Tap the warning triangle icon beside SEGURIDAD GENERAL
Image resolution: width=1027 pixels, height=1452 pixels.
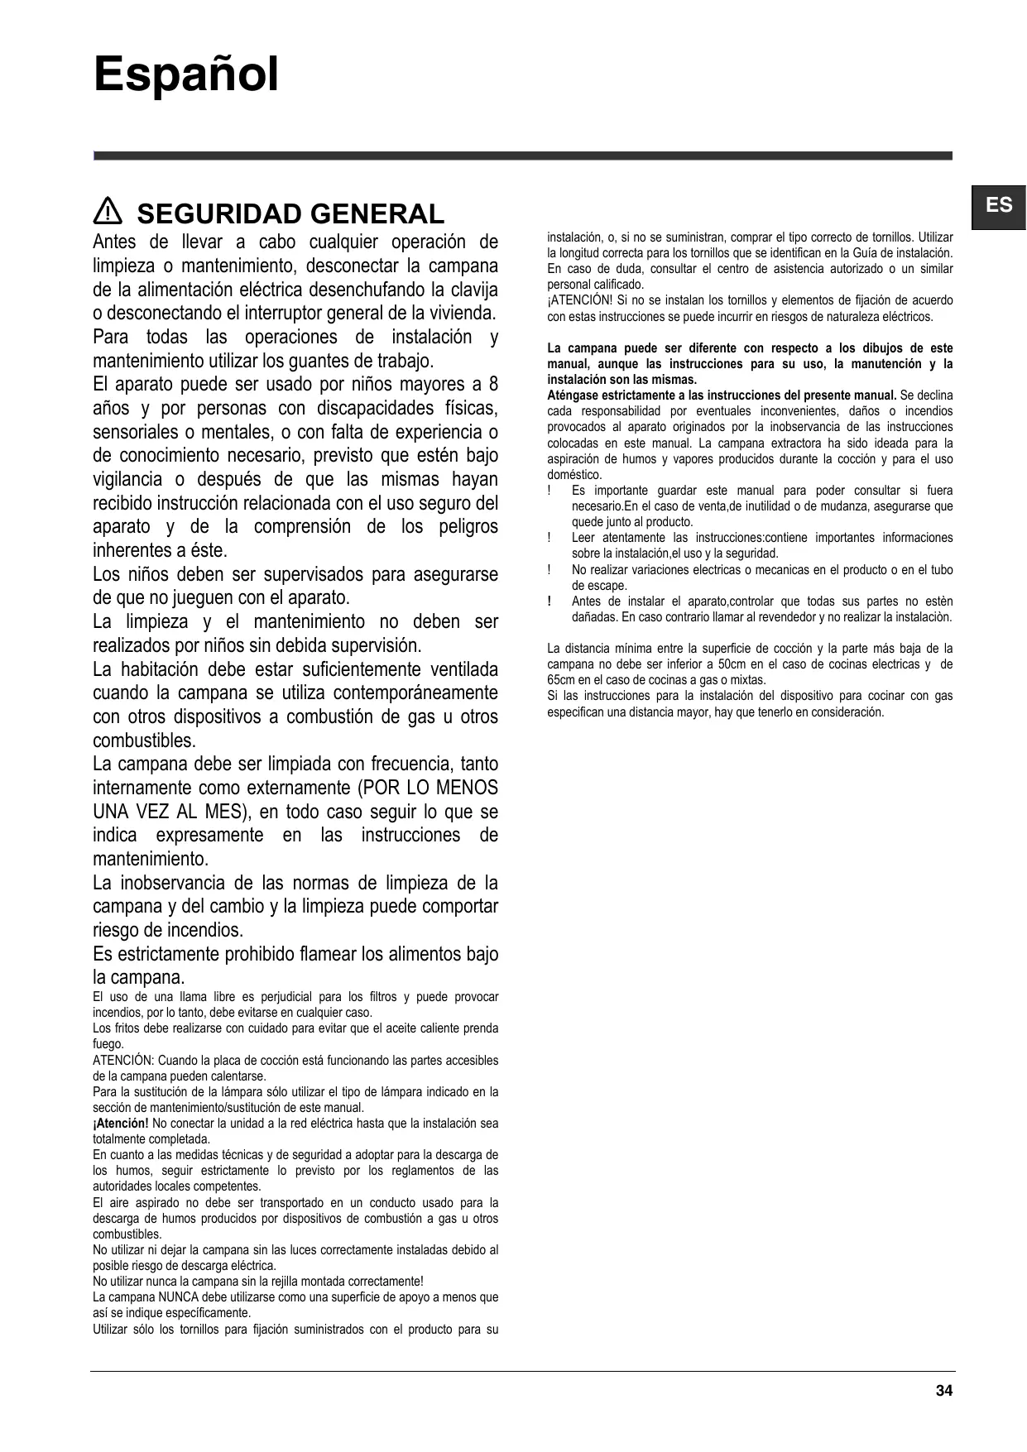coord(108,213)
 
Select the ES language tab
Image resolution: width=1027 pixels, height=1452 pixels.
coord(999,205)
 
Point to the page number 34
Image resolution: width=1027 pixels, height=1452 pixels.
coord(944,1391)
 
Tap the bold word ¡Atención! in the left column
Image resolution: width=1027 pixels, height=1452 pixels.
coord(121,1124)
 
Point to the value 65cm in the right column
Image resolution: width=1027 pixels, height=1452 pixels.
coord(561,680)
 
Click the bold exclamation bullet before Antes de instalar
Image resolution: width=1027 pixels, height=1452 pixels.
coord(549,601)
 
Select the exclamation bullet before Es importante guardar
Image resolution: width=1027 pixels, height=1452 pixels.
coord(549,491)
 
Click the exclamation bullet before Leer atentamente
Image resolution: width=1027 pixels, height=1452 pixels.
coord(549,538)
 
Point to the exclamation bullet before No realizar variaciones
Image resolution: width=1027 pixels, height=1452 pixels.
coord(549,570)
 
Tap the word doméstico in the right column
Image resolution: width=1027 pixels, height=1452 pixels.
coord(573,475)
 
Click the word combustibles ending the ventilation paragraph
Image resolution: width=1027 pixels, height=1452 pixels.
coord(143,740)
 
